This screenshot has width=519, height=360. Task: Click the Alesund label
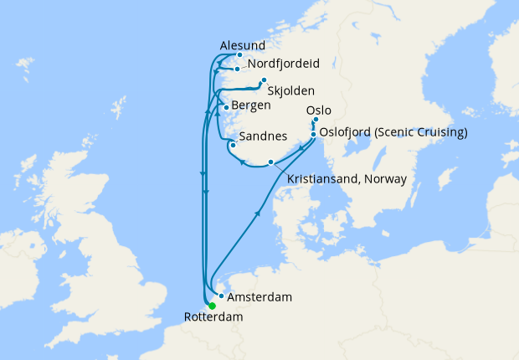coord(242,45)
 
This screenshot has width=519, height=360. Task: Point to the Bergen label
coord(251,106)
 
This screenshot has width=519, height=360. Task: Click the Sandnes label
coord(263,136)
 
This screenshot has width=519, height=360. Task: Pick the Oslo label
coord(320,110)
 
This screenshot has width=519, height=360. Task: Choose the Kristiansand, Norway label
coord(347,179)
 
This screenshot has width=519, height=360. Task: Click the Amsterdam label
coord(260,297)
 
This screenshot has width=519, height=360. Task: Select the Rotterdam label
coord(213,317)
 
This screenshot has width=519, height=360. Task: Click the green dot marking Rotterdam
coord(212,306)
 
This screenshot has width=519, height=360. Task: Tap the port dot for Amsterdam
coord(221,296)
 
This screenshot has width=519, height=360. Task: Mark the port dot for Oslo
coord(316,120)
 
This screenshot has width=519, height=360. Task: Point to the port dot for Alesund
coord(239,55)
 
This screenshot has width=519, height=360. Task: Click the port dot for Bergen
coord(226,107)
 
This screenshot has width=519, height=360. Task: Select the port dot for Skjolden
coord(264,81)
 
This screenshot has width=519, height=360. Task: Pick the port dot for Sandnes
coord(232,145)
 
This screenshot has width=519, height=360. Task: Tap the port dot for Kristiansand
coord(270,162)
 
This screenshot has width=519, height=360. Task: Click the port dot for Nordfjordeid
coord(239,69)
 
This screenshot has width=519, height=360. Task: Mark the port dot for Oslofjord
coord(314,134)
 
